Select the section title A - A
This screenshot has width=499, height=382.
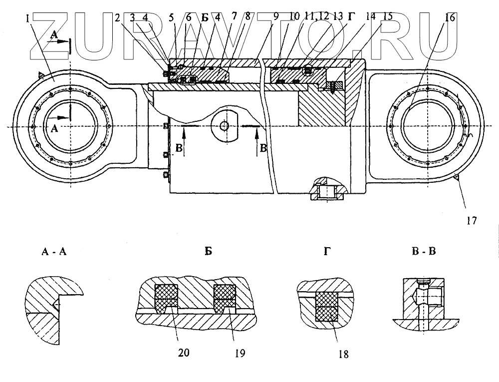click(x=54, y=251)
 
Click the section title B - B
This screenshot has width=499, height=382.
click(x=424, y=251)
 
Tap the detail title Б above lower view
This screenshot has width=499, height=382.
click(x=208, y=251)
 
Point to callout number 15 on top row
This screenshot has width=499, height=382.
click(x=387, y=16)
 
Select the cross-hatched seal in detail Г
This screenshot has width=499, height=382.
click(x=327, y=307)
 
